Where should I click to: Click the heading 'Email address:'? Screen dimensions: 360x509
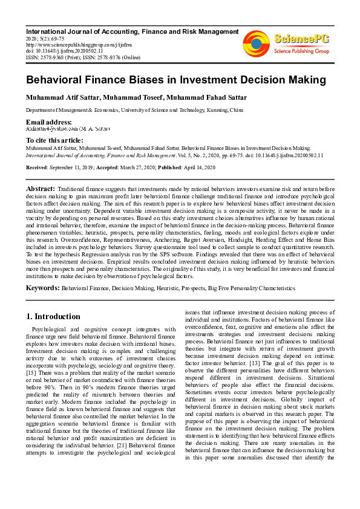[x=49, y=122]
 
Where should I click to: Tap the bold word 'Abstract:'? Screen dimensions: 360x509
[x=41, y=189]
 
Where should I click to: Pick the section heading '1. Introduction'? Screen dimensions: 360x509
[x=53, y=316]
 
